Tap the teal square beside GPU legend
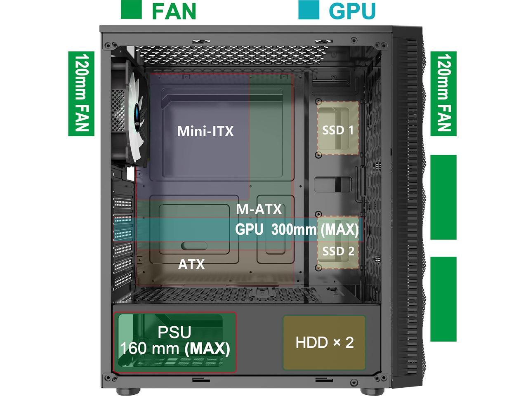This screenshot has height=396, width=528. pyautogui.click(x=309, y=9)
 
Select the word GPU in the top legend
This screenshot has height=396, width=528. pyautogui.click(x=352, y=11)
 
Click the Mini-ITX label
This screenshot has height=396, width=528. pyautogui.click(x=205, y=131)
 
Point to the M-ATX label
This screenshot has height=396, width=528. pyautogui.click(x=259, y=209)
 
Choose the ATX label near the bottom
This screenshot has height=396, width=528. pyautogui.click(x=191, y=264)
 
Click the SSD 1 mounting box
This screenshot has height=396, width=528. pyautogui.click(x=338, y=129)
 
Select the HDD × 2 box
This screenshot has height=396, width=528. pyautogui.click(x=324, y=342)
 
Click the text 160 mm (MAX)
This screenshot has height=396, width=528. pyautogui.click(x=174, y=349)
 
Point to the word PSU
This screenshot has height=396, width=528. pyautogui.click(x=174, y=332)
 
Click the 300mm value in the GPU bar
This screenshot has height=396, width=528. pyautogui.click(x=294, y=229)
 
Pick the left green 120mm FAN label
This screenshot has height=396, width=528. pyautogui.click(x=81, y=94)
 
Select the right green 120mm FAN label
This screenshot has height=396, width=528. pyautogui.click(x=443, y=94)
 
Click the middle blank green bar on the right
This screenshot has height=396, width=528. pyautogui.click(x=443, y=197)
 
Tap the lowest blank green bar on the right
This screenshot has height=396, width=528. pyautogui.click(x=443, y=299)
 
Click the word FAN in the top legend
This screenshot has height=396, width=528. pyautogui.click(x=174, y=11)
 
